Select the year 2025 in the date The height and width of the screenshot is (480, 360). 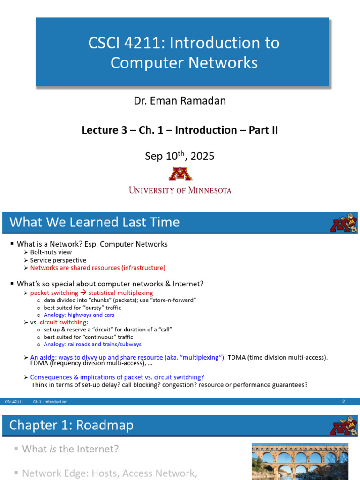click(202, 156)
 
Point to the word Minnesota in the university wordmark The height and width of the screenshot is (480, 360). click(210, 190)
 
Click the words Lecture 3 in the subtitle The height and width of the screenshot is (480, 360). click(105, 130)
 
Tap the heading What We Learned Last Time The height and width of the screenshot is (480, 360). click(94, 222)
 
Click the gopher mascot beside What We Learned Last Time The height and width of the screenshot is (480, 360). click(344, 223)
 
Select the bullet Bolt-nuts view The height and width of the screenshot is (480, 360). click(51, 252)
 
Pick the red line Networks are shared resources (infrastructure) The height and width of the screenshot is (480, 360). click(97, 268)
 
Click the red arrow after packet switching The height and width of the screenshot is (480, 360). click(83, 292)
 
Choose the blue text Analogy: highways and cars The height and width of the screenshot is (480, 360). click(79, 315)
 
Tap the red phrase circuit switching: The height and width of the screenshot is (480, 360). click(64, 322)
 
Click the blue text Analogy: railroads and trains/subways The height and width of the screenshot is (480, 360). click(92, 344)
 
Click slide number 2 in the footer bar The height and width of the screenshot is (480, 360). click(344, 401)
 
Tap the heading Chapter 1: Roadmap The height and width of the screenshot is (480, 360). click(71, 425)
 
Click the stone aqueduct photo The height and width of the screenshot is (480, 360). click(300, 461)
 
